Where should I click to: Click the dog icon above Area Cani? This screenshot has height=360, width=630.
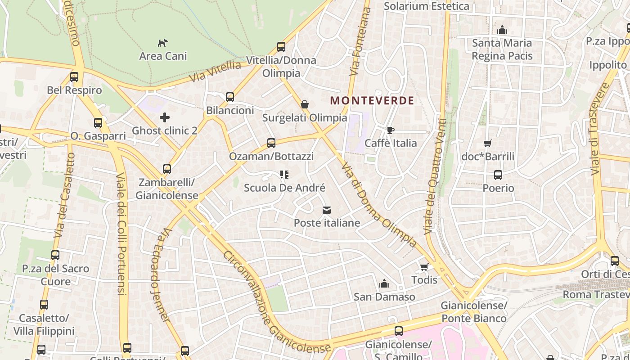(162, 43)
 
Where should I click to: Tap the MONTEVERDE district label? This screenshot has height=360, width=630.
(372, 100)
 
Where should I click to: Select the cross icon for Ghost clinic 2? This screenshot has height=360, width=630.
(165, 118)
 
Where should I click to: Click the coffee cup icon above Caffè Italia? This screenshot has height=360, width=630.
(390, 130)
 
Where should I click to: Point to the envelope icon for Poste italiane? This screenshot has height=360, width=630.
(327, 210)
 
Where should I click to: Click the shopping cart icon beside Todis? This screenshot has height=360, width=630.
(424, 267)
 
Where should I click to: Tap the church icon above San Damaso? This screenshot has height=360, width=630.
(384, 284)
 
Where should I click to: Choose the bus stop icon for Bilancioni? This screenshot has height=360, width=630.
(230, 97)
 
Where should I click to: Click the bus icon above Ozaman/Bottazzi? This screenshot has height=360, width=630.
(271, 143)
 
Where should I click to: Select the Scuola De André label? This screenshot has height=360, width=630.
(284, 188)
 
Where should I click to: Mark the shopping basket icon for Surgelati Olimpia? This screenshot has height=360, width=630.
(305, 105)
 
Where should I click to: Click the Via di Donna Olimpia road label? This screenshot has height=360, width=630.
(378, 205)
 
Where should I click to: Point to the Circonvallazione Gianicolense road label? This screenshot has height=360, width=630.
(276, 301)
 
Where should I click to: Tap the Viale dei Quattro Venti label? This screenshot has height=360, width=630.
(435, 176)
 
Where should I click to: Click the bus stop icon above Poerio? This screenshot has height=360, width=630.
(498, 175)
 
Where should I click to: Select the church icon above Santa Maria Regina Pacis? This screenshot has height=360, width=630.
(502, 30)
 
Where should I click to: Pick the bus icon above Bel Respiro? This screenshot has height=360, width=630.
(74, 77)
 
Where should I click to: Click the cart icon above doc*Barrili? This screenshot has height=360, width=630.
(488, 144)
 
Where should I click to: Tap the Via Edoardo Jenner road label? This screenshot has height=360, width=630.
(160, 274)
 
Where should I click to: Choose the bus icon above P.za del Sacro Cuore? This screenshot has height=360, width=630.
(55, 255)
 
